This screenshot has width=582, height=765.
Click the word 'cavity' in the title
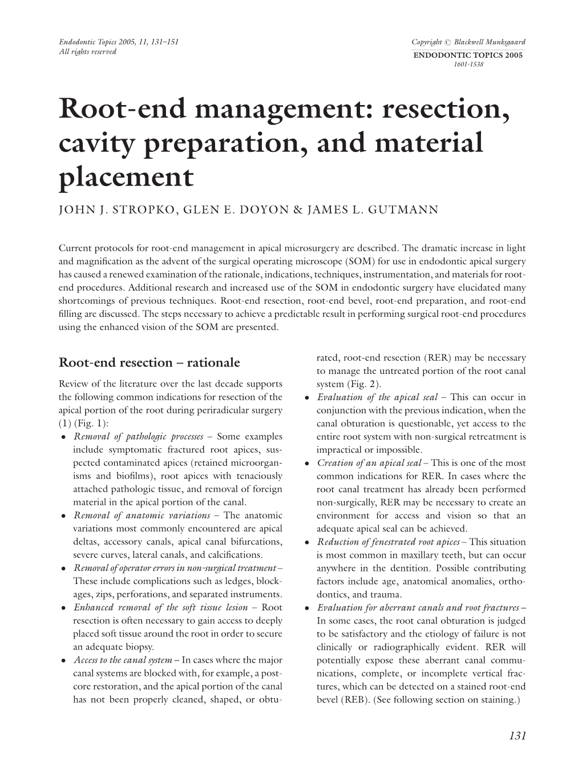point(97,143)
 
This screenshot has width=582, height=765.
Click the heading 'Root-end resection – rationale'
point(149,363)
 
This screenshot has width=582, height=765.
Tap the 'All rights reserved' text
point(87,52)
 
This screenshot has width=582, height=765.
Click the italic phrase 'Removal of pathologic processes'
point(139,437)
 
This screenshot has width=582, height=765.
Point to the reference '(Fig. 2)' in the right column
point(363,384)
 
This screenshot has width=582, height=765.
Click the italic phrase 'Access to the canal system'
point(122,660)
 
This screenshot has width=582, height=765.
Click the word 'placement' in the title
point(127,178)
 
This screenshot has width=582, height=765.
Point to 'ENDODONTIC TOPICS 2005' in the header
point(467,55)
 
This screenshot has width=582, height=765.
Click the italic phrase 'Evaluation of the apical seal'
point(377,397)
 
